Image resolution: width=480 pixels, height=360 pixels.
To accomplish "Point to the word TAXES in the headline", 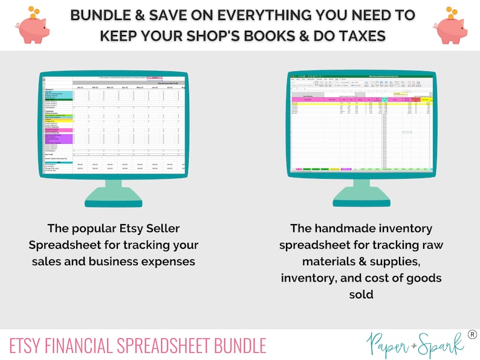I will (357, 36).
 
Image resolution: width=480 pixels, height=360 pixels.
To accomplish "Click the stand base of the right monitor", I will (361, 200).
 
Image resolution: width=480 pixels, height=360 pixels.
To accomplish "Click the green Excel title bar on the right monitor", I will (361, 76).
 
